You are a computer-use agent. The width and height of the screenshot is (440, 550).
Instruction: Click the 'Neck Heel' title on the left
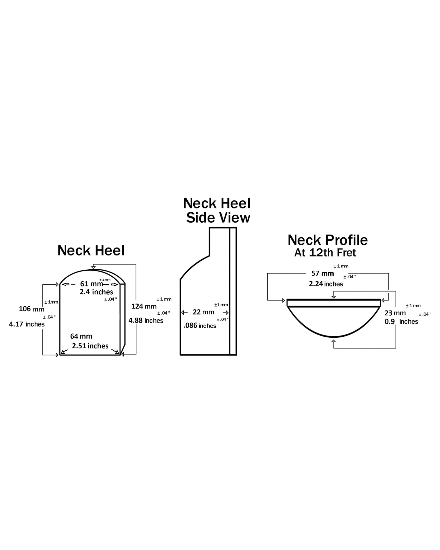91,251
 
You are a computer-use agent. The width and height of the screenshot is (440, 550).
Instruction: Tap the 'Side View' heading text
218,218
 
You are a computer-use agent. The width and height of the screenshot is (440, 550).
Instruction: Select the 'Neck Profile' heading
328,240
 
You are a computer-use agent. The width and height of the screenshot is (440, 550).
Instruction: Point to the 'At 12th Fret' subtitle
325,253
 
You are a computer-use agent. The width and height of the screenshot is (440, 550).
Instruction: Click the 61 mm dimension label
91,284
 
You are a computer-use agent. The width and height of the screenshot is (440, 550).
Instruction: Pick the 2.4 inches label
96,292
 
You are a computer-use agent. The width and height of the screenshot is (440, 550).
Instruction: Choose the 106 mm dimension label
31,309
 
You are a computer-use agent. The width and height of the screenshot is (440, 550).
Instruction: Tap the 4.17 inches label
27,324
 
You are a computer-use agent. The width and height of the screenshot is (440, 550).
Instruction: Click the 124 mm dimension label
144,306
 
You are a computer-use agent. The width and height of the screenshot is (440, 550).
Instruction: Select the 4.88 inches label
146,321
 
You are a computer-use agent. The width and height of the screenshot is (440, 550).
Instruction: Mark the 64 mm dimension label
81,336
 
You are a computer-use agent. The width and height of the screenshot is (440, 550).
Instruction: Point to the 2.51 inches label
90,346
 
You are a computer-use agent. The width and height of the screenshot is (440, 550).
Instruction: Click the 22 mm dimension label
204,312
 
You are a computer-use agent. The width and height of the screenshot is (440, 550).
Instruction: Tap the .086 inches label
200,326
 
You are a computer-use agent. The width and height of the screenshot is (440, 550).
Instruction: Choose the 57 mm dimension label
323,273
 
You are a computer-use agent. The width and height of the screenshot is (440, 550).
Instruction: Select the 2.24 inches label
326,284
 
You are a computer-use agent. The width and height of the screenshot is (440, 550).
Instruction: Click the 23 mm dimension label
395,313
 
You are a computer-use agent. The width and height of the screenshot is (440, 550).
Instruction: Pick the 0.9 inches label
401,321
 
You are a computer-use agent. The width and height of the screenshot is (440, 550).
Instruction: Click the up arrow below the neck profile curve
334,342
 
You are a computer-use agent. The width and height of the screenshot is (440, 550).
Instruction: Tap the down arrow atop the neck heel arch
93,267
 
